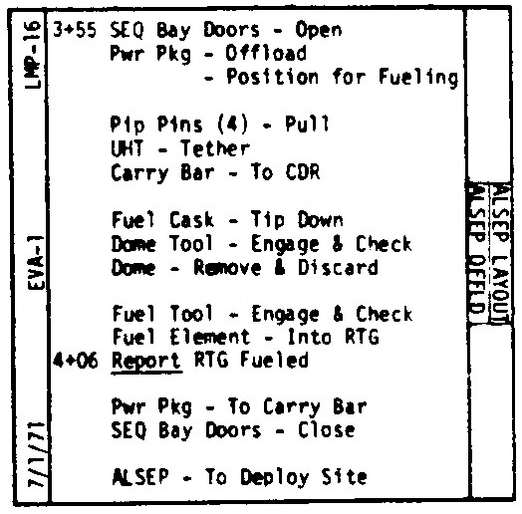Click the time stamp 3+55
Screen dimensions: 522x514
[x=75, y=30]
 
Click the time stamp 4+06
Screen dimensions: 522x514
[x=76, y=361]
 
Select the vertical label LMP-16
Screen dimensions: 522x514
[x=33, y=55]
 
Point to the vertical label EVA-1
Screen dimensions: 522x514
[x=36, y=262]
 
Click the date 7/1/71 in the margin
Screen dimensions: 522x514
[x=36, y=455]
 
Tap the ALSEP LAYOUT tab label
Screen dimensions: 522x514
[x=500, y=253]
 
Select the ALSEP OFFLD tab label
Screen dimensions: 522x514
[x=477, y=250]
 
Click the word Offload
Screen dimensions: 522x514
[x=266, y=53]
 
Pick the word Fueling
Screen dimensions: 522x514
[x=418, y=78]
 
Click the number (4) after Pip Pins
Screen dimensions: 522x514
[x=232, y=124]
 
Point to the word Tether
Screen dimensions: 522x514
[x=215, y=148]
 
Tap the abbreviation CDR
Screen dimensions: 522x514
[x=303, y=172]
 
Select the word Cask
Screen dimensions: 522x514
[x=191, y=220]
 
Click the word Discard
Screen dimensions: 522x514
[x=338, y=267]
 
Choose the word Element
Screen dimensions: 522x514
[x=210, y=337]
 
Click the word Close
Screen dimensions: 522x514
[x=327, y=429]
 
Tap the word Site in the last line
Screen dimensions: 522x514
[x=345, y=476]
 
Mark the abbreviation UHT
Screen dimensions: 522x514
[x=129, y=148]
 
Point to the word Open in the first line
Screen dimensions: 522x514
[x=319, y=30]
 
